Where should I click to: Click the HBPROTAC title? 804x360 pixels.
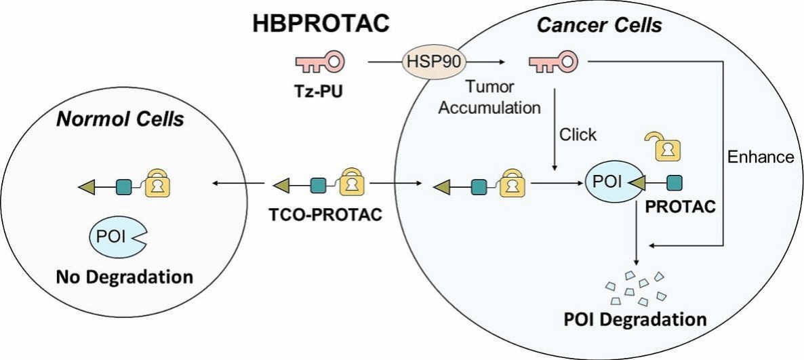pos(321,23)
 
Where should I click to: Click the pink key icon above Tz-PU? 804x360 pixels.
pos(319,63)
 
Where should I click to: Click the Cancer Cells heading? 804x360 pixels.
pos(599,26)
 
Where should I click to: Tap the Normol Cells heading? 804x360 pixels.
pos(119,120)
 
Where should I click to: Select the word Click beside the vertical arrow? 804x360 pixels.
pos(578,135)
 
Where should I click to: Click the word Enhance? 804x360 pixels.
pos(760,157)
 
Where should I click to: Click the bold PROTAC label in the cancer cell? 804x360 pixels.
pos(678,207)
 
